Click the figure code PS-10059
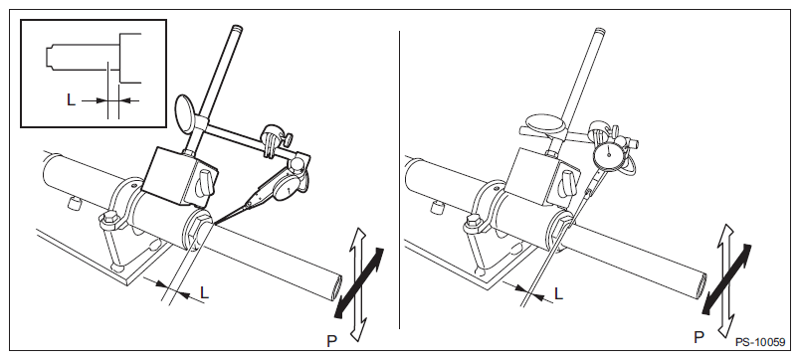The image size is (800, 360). pyautogui.click(x=759, y=343)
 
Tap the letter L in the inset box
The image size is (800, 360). pyautogui.click(x=71, y=100)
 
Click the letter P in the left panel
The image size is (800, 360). pyautogui.click(x=332, y=341)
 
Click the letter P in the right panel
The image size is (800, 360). pyautogui.click(x=699, y=337)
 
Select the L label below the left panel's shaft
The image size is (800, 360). pyautogui.click(x=204, y=292)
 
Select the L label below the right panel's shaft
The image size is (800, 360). pyautogui.click(x=558, y=293)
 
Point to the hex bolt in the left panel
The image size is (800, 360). pyautogui.click(x=109, y=222)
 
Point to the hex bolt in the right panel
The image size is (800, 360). pyautogui.click(x=473, y=223)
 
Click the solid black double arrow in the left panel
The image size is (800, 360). pyautogui.click(x=358, y=282)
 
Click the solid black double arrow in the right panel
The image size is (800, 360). pyautogui.click(x=727, y=278)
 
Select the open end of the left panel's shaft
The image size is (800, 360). pyautogui.click(x=335, y=288)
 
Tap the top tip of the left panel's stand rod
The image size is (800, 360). pyautogui.click(x=236, y=27)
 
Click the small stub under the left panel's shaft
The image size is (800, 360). pyautogui.click(x=75, y=204)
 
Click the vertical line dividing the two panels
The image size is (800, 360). pyautogui.click(x=399, y=179)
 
